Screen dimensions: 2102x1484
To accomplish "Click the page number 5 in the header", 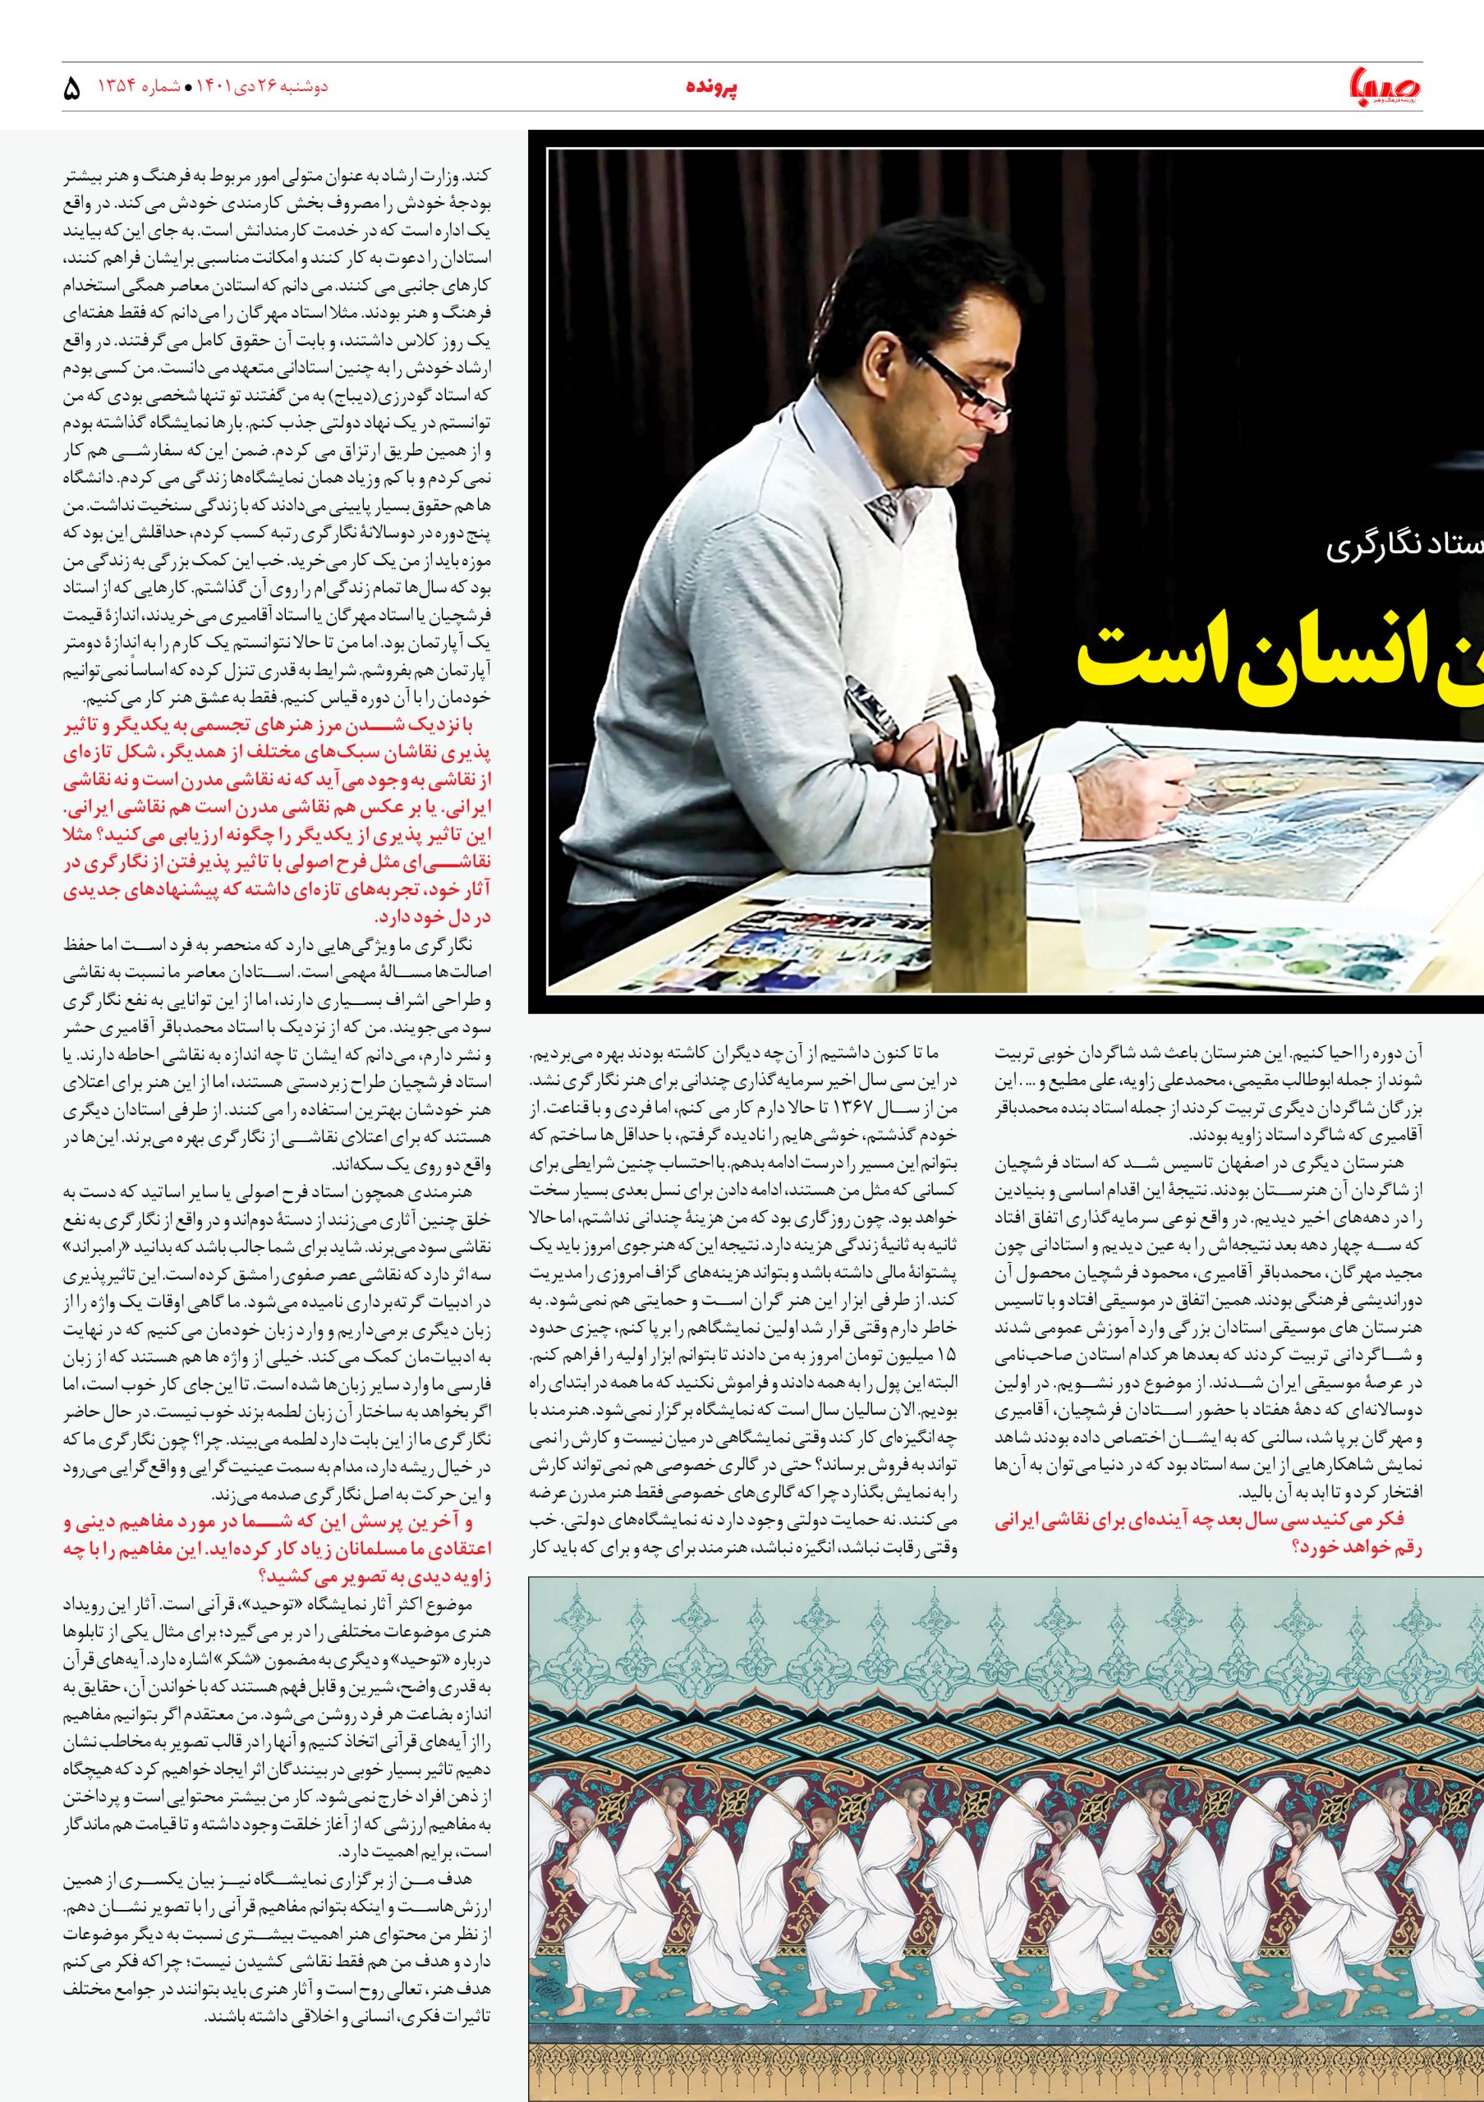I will point(72,89).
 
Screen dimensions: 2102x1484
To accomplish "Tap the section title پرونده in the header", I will point(711,88).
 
